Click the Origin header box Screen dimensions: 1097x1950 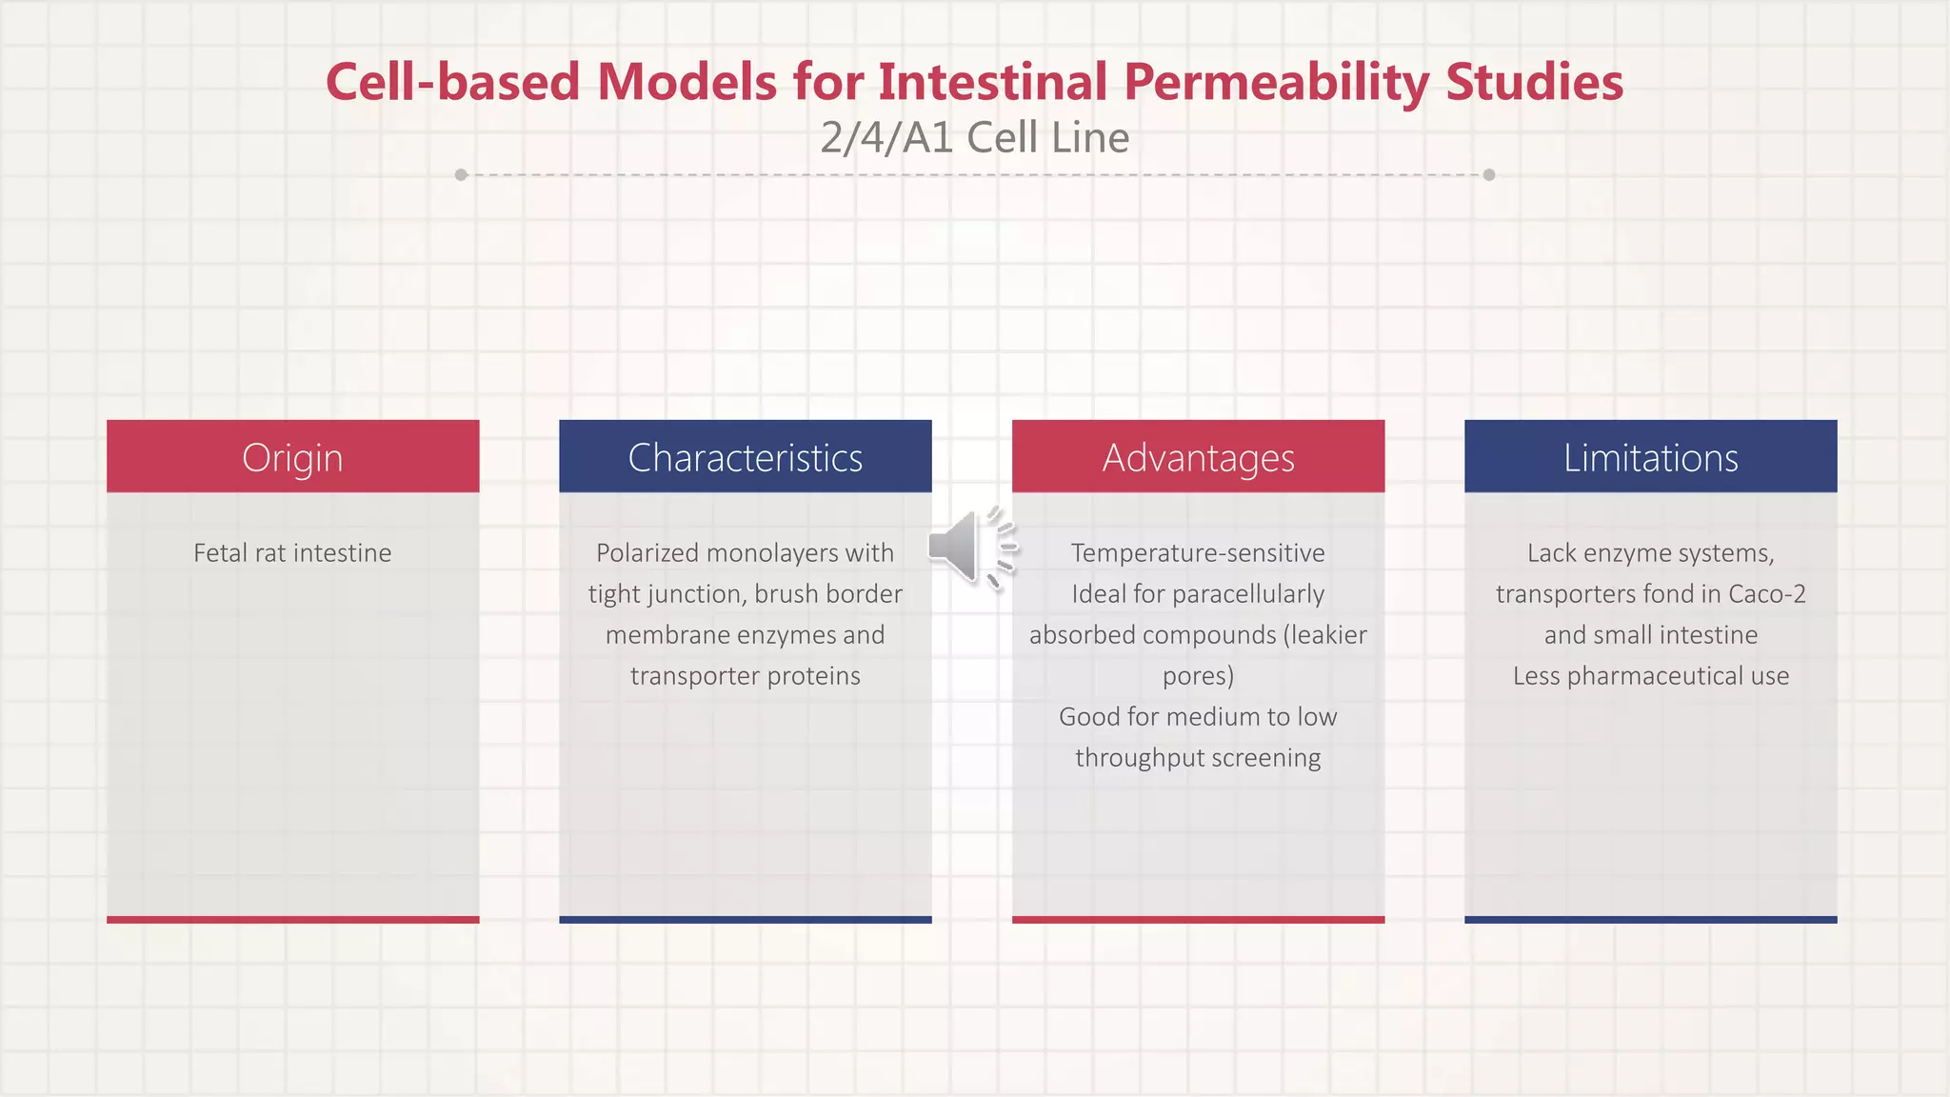pos(292,457)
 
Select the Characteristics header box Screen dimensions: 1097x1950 pos(745,457)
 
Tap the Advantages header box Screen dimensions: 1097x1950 pos(1198,457)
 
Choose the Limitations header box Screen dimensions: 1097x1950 pos(1650,457)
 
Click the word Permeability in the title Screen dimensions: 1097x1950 pos(1275,82)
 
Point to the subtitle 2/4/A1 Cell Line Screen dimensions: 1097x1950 pos(974,138)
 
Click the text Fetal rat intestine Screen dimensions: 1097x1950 pos(292,553)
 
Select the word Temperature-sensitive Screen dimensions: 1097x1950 pos(1197,553)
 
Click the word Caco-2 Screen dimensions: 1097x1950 pos(1766,594)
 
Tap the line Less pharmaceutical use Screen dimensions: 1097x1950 pos(1650,676)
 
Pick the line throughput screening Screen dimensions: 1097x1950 pos(1197,758)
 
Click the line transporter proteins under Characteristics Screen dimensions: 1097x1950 pos(745,676)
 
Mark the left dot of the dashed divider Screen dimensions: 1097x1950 pos(461,175)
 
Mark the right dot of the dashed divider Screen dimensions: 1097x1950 pos(1489,175)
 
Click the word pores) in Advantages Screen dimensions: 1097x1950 pos(1197,676)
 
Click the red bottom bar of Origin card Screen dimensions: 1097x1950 pos(292,919)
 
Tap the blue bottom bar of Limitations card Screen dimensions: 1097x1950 pos(1650,919)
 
